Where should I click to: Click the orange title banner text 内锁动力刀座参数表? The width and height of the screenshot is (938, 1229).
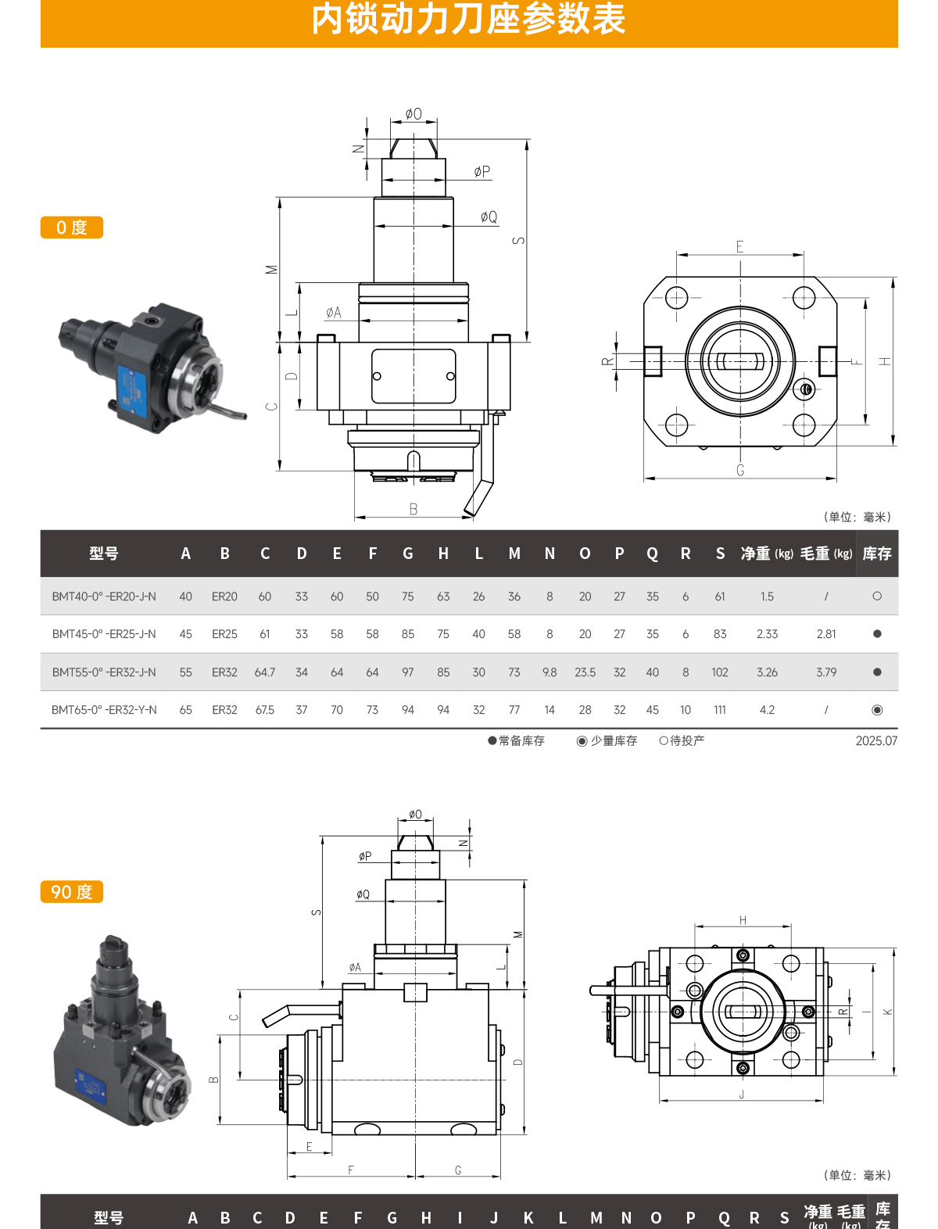coord(468,20)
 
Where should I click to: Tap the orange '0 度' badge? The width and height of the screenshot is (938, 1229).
coord(71,228)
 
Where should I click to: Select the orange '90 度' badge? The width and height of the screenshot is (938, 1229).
coord(71,892)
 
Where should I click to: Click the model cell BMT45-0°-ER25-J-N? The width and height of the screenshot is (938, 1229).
coord(104,634)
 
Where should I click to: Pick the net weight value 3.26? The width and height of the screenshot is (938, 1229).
coord(767,672)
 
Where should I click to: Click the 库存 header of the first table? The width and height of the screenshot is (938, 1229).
coord(876,554)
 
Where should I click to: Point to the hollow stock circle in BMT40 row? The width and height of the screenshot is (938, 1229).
coord(876,597)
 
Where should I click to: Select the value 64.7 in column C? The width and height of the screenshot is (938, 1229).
coord(265,672)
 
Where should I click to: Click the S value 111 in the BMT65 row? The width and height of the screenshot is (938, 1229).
coord(719,710)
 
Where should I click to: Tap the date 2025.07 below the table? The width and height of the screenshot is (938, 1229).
coord(875,740)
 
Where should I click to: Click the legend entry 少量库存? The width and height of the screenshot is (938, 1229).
coord(607,740)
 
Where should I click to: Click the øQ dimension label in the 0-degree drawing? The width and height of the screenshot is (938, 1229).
coord(489,217)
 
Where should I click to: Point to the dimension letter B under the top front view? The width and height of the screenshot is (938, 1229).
coord(414,509)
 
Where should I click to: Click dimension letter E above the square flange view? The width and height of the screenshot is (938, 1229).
coord(739,247)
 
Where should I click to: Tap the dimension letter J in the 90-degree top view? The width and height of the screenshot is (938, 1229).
coord(741,1095)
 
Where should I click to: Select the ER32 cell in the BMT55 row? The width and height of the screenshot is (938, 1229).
coord(224,672)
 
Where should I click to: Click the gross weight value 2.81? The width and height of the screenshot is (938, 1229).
coord(825,634)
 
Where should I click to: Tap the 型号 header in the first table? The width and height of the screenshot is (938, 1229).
coord(104,554)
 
